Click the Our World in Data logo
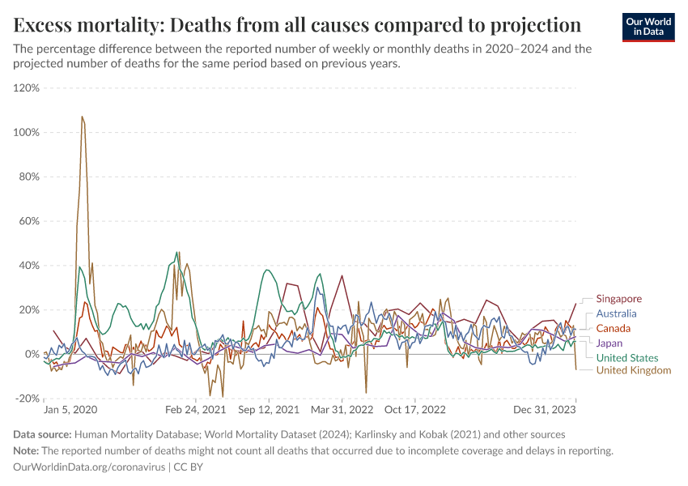(648, 27)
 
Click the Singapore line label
(618, 299)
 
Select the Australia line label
(616, 313)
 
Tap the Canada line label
(613, 328)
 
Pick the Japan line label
(609, 343)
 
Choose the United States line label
(626, 358)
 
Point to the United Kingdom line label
(634, 370)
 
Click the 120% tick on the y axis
(28, 87)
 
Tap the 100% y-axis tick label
(28, 132)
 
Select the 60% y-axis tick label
(29, 221)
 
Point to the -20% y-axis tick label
(28, 399)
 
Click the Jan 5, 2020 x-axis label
(70, 410)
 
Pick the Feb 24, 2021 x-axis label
(196, 410)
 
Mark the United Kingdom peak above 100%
(83, 117)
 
